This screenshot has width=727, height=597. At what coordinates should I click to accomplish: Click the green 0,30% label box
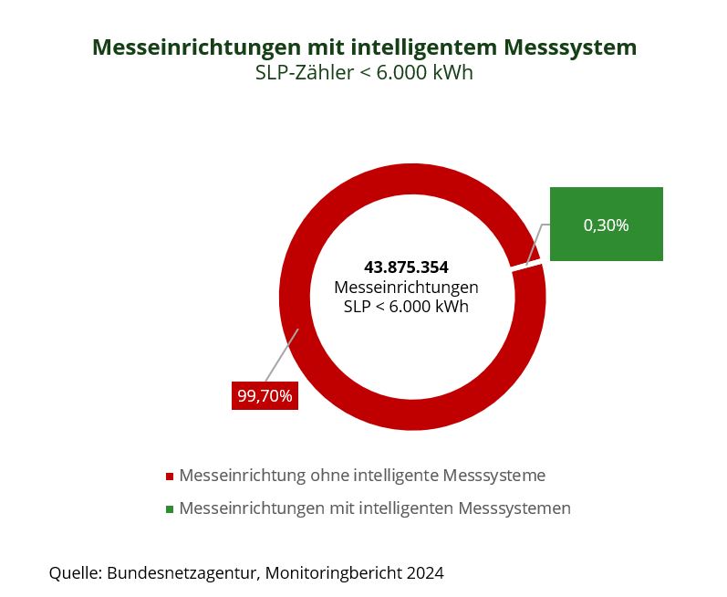(606, 225)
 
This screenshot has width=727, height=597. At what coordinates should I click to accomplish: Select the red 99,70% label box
(265, 396)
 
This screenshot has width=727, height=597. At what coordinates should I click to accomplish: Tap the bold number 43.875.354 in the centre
(406, 267)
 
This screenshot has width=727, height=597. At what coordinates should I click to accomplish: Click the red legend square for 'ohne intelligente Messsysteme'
(170, 477)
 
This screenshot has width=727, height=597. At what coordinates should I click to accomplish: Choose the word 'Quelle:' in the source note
(75, 573)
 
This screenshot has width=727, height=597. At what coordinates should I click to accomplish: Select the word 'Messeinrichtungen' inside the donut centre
(406, 288)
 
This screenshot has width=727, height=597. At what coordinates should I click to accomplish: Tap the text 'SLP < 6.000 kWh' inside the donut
(406, 307)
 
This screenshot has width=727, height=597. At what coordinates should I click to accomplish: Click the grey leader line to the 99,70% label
(282, 356)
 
